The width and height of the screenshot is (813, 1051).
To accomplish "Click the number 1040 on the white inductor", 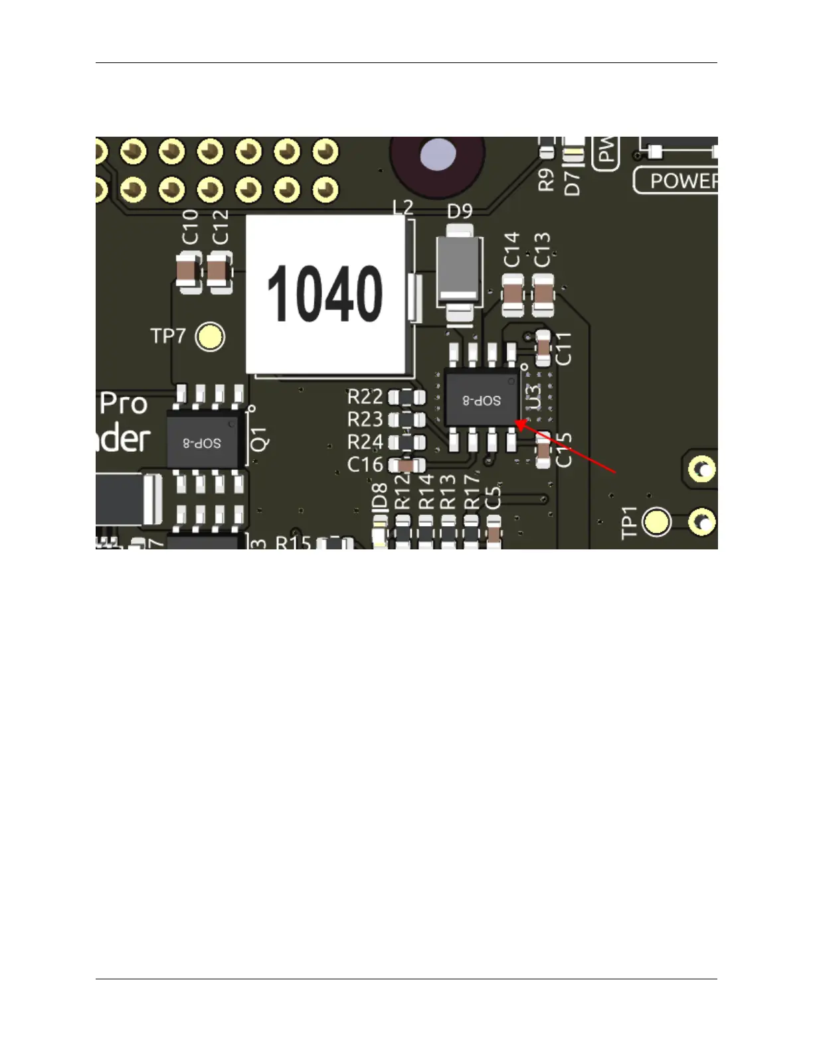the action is (325, 294).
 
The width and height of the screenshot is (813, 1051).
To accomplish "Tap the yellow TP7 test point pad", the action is (211, 337).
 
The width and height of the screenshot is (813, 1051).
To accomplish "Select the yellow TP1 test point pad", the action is (658, 522).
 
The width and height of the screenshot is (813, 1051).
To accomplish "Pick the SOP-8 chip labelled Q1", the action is (203, 442).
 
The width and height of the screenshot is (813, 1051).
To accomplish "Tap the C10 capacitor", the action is (189, 271).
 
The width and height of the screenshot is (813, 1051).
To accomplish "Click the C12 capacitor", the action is (219, 271).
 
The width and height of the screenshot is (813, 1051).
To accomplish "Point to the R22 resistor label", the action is (365, 397).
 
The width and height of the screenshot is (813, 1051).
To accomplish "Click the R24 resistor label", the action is (365, 442).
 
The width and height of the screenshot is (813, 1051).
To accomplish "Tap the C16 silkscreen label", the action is (365, 464).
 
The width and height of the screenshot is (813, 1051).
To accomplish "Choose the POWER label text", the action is (683, 181).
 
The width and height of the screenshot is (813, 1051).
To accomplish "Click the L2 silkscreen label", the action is (403, 208).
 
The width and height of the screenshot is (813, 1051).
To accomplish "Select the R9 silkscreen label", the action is (546, 179).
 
